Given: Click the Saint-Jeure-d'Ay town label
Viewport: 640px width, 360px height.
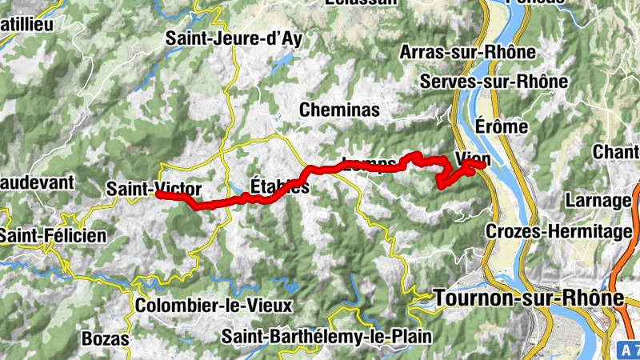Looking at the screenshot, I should click(234, 38).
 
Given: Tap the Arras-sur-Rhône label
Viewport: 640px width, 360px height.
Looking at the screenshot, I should click(467, 53).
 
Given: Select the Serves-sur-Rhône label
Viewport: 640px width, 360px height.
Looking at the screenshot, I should click(494, 82).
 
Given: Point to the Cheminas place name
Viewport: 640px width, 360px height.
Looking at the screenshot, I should click(339, 109).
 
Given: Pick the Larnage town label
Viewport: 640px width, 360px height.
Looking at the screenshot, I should click(598, 200).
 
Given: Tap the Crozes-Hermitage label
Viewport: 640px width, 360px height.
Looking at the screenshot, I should click(559, 232).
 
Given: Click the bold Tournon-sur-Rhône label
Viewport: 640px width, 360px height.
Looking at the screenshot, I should click(528, 298).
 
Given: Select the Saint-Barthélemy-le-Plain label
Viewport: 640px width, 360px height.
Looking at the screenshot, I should click(327, 336).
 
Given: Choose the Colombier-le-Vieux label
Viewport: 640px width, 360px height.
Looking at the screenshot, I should click(214, 306).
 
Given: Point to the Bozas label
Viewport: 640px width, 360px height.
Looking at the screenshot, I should click(105, 339).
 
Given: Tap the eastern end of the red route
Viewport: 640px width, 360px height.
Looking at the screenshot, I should click(484, 165).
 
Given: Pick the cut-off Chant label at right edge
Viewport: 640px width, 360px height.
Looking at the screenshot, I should click(616, 151).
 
